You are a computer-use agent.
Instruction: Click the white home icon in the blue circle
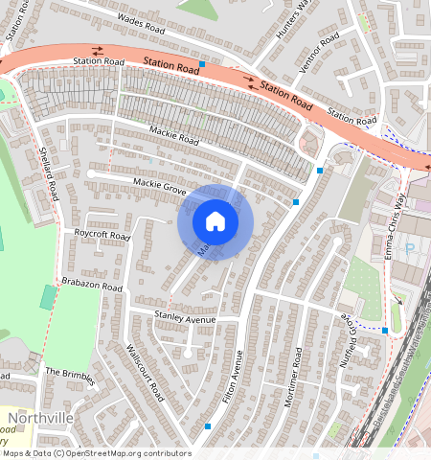pyautogui.click(x=215, y=221)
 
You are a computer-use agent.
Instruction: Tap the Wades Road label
pyautogui.click(x=141, y=20)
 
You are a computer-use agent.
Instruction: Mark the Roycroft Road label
pyautogui.click(x=102, y=235)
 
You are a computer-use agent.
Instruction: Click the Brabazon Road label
pyautogui.click(x=93, y=287)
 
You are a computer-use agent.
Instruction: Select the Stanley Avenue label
pyautogui.click(x=186, y=316)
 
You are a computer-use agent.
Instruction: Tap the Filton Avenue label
pyautogui.click(x=229, y=375)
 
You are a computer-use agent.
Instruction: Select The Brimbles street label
pyautogui.click(x=70, y=374)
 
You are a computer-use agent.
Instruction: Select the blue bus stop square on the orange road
pyautogui.click(x=202, y=64)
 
